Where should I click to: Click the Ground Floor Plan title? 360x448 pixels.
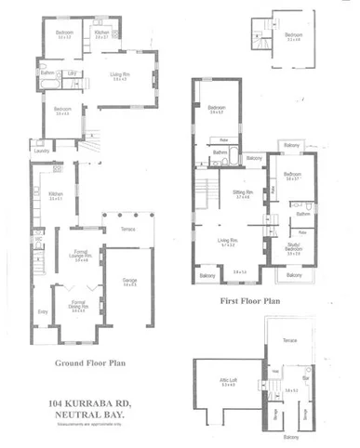91,364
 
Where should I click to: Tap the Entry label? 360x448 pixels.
41,313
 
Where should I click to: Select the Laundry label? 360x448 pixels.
41,150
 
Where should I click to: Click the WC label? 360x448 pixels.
39,238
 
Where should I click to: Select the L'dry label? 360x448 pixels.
71,72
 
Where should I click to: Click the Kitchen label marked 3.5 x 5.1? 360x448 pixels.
55,195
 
